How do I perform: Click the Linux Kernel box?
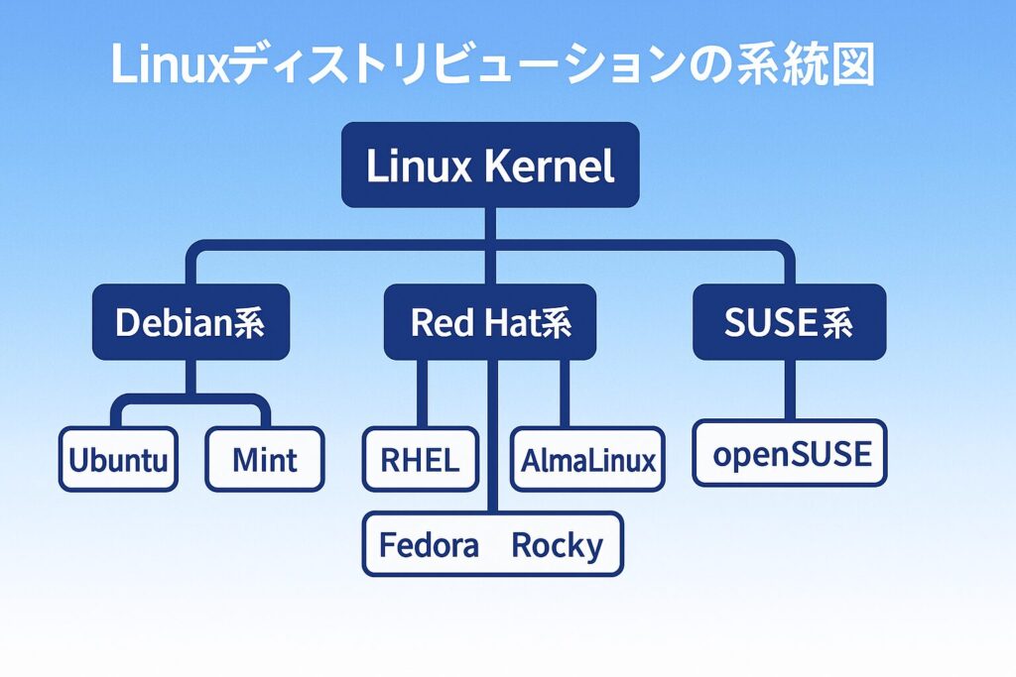click(x=490, y=166)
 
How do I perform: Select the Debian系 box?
click(x=190, y=322)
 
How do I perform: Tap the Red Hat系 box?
click(x=490, y=322)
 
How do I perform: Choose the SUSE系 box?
click(x=790, y=322)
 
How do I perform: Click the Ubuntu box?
click(x=118, y=459)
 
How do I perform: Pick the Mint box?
click(x=265, y=459)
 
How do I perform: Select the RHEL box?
click(x=421, y=459)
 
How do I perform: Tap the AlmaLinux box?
click(x=588, y=459)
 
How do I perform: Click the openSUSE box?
click(x=790, y=453)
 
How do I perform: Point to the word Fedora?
click(x=430, y=544)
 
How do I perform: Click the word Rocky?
click(x=557, y=544)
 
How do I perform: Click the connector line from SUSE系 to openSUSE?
click(x=790, y=390)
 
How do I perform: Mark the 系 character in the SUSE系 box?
click(x=834, y=323)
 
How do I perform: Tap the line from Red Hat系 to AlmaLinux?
click(x=565, y=394)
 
